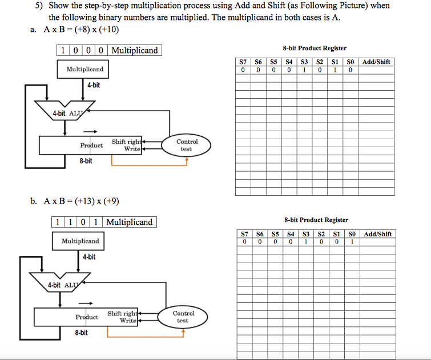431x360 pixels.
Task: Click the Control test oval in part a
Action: [187, 145]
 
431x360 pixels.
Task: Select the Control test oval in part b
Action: [183, 317]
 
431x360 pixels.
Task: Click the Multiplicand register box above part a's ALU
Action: [84, 69]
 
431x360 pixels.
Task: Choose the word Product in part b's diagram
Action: [87, 317]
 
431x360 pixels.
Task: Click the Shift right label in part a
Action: [126, 141]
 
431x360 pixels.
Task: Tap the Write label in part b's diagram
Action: [127, 321]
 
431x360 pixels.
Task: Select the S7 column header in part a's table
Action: [243, 62]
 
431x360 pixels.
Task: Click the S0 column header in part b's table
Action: [352, 234]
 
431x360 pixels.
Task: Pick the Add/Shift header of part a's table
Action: [377, 62]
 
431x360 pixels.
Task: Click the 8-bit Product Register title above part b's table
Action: [316, 220]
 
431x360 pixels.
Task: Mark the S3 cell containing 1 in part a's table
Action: [305, 70]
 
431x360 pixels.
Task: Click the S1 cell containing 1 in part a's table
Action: [336, 70]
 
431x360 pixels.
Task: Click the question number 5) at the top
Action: [37, 6]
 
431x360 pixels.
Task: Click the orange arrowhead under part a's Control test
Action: [187, 160]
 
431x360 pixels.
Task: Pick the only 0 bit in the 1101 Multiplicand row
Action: [83, 222]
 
